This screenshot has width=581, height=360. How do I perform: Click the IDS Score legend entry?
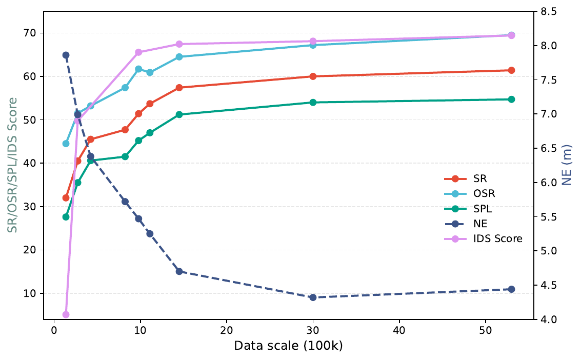pyautogui.click(x=483, y=239)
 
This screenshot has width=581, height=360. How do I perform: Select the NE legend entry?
pyautogui.click(x=466, y=224)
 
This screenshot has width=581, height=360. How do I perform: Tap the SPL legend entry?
pyautogui.click(x=468, y=209)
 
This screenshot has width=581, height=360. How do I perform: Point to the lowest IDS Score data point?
pyautogui.click(x=66, y=314)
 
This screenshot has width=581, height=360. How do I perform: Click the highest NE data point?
pyautogui.click(x=66, y=55)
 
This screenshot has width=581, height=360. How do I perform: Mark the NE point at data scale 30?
pyautogui.click(x=313, y=297)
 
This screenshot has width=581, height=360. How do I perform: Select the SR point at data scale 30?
pyautogui.click(x=313, y=76)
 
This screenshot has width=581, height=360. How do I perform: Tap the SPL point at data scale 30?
pyautogui.click(x=313, y=102)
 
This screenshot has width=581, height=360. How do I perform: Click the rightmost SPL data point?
pyautogui.click(x=511, y=99)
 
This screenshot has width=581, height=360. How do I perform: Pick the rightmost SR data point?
pyautogui.click(x=511, y=70)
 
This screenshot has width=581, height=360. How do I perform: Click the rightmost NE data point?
pyautogui.click(x=511, y=289)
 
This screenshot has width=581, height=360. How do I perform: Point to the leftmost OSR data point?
pyautogui.click(x=66, y=144)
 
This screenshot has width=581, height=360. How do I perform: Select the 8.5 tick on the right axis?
pyautogui.click(x=548, y=12)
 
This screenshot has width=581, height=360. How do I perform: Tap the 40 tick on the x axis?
pyautogui.click(x=399, y=331)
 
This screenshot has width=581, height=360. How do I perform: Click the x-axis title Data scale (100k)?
pyautogui.click(x=288, y=346)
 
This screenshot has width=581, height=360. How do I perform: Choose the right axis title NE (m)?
pyautogui.click(x=567, y=165)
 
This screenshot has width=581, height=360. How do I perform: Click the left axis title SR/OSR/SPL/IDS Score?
pyautogui.click(x=13, y=165)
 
